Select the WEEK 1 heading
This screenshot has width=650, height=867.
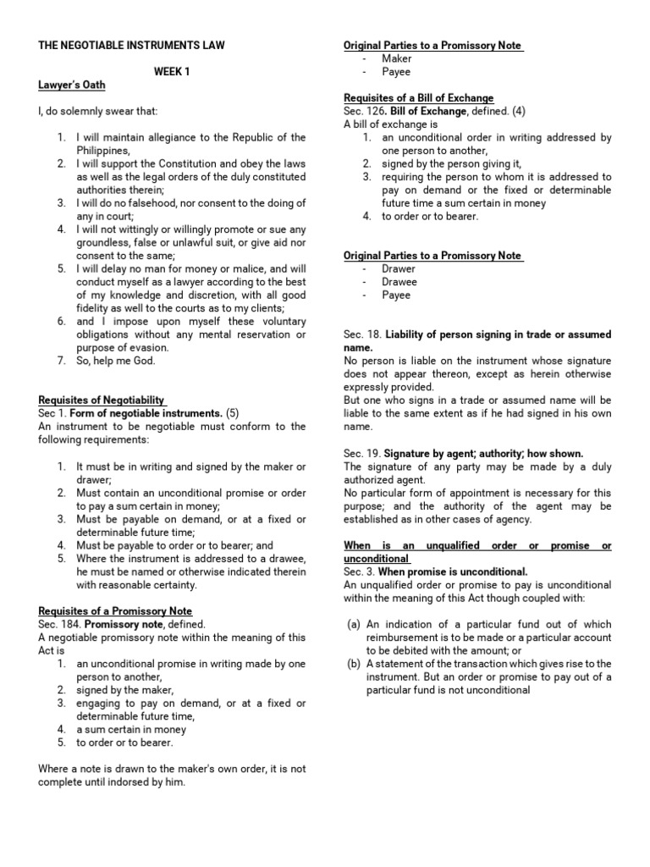pyautogui.click(x=172, y=72)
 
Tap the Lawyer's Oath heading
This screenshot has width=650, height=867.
pyautogui.click(x=72, y=86)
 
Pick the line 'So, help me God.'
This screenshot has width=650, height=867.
pyautogui.click(x=116, y=362)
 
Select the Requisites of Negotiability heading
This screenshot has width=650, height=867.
pyautogui.click(x=102, y=400)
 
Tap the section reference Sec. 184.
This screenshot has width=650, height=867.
pyautogui.click(x=58, y=625)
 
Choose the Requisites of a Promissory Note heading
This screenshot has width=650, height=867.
pyautogui.click(x=115, y=611)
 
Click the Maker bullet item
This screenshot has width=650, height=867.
pyautogui.click(x=396, y=58)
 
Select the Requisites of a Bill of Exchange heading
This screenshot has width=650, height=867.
pyautogui.click(x=419, y=98)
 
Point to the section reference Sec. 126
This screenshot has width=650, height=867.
pyautogui.click(x=363, y=112)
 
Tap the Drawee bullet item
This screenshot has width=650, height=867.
pyautogui.click(x=399, y=282)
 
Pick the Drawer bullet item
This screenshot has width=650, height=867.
pyautogui.click(x=399, y=268)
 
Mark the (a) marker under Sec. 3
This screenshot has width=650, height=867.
pyautogui.click(x=354, y=625)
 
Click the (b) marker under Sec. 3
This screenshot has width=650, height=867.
pyautogui.click(x=354, y=665)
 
